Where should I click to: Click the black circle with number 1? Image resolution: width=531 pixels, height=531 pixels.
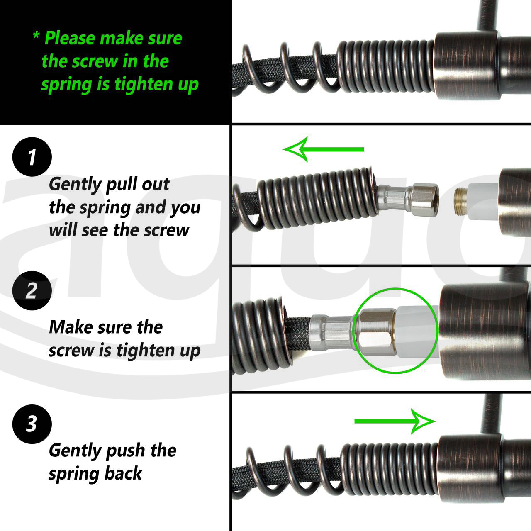[x=32, y=157]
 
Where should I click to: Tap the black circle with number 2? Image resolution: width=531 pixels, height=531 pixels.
[x=32, y=290]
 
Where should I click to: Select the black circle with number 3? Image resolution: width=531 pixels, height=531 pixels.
[x=32, y=424]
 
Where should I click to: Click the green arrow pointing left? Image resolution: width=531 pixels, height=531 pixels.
[x=323, y=149]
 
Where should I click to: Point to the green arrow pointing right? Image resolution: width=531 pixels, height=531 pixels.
[x=395, y=421]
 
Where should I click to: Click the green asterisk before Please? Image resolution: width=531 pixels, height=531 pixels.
[x=36, y=36]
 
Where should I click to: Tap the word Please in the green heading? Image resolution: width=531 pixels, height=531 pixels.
[x=70, y=38]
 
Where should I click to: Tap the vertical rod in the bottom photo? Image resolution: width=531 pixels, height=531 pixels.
[x=491, y=415]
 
